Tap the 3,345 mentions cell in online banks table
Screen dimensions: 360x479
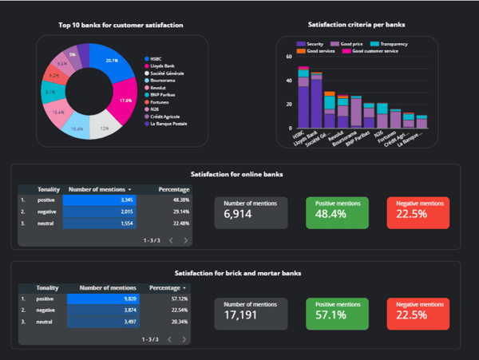click(x=100, y=200)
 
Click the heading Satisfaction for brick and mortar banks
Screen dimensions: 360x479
click(x=237, y=272)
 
